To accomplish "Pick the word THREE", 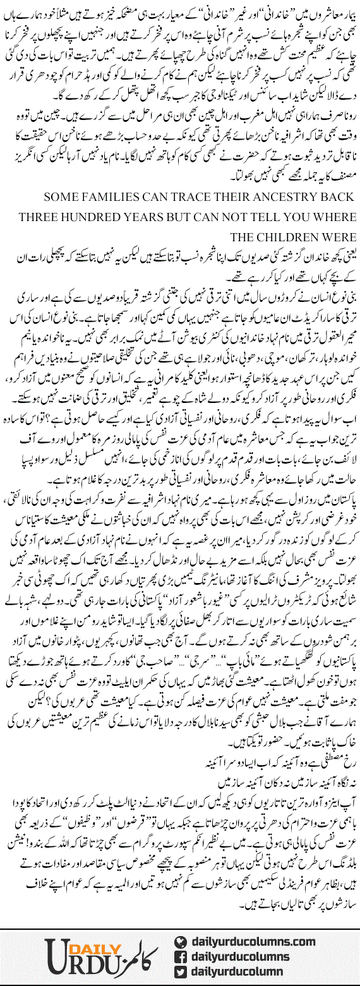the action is pyautogui.click(x=25, y=218).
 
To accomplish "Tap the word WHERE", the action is pyautogui.click(x=333, y=218).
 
